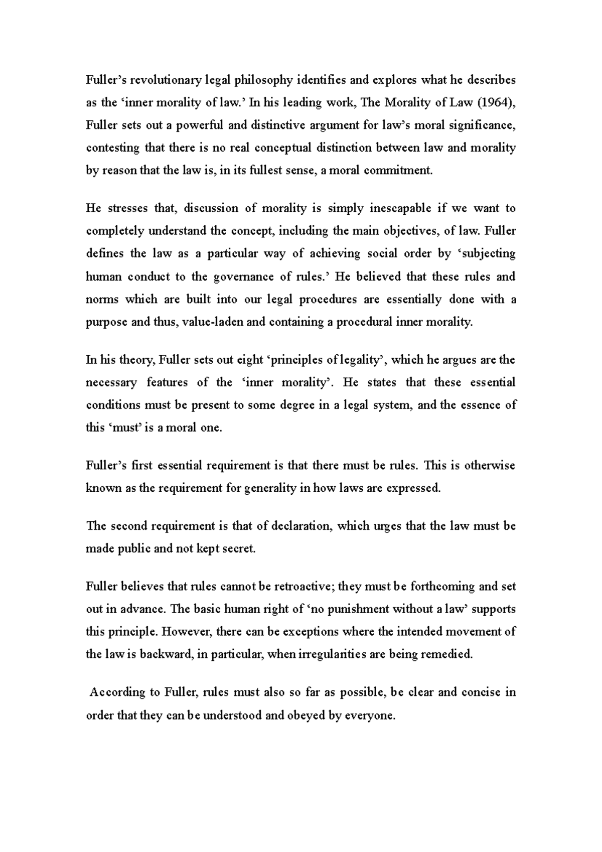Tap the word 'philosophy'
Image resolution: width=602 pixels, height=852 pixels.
(259, 80)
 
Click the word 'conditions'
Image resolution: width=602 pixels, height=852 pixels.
(113, 405)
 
